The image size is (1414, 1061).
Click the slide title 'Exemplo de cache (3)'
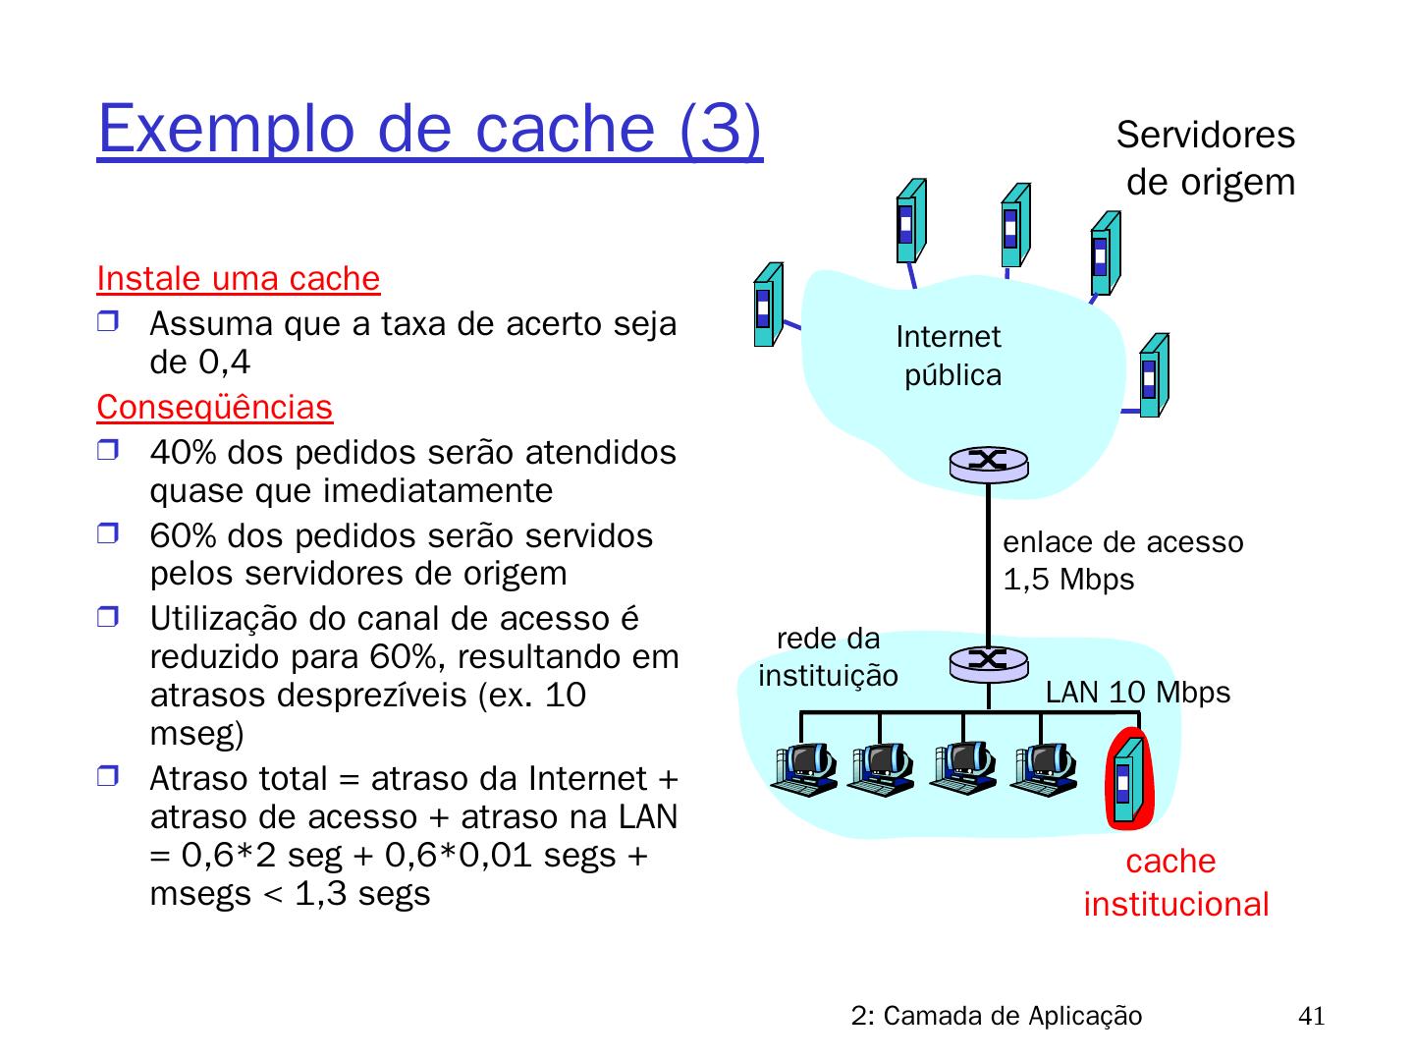click(x=429, y=129)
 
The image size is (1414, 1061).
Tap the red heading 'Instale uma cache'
click(x=239, y=279)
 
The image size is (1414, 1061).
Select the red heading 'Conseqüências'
click(x=215, y=406)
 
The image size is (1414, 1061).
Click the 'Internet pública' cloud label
click(x=950, y=356)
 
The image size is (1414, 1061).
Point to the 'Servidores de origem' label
click(x=1207, y=158)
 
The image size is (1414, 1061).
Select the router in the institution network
click(x=988, y=661)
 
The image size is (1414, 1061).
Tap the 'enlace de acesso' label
click(x=1122, y=541)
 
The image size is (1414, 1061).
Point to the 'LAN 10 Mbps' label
click(x=1137, y=693)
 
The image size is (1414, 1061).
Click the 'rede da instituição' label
click(x=829, y=657)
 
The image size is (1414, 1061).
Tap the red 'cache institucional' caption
click(x=1175, y=882)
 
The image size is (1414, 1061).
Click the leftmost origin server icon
click(x=767, y=305)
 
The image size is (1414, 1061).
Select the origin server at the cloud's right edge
click(x=1153, y=374)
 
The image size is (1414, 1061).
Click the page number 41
click(x=1311, y=1016)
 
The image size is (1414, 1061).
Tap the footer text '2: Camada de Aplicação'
click(x=997, y=1016)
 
